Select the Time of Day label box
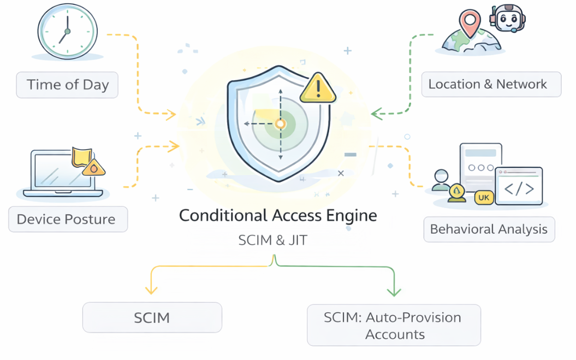pyautogui.click(x=67, y=85)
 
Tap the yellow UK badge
pyautogui.click(x=484, y=197)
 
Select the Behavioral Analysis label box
pyautogui.click(x=489, y=229)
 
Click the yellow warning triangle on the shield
pyautogui.click(x=318, y=88)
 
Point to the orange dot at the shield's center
pyautogui.click(x=281, y=125)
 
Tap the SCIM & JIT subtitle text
pyautogui.click(x=272, y=241)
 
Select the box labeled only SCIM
pyautogui.click(x=152, y=317)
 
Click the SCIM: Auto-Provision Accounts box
pyautogui.click(x=393, y=325)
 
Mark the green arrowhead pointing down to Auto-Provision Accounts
pyautogui.click(x=394, y=291)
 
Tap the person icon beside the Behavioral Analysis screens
pyautogui.click(x=441, y=180)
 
